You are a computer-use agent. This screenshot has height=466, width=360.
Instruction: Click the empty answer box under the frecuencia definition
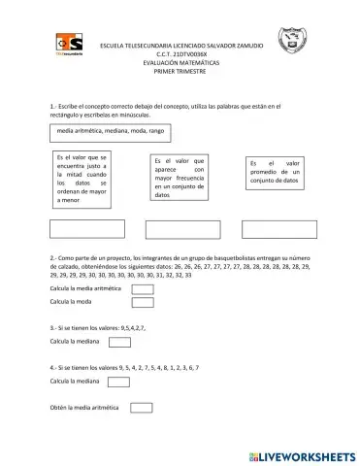click(x=181, y=229)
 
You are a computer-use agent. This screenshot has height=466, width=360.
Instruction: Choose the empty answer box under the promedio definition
click(x=278, y=229)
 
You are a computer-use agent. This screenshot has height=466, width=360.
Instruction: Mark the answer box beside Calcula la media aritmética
click(x=143, y=289)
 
